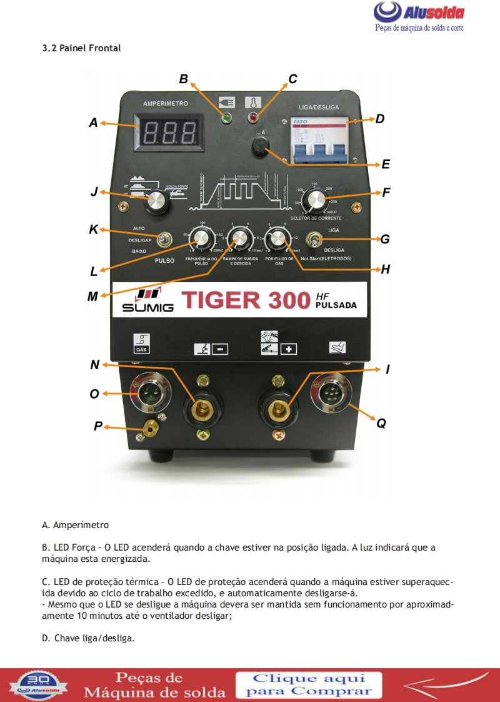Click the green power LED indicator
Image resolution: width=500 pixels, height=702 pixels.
[224, 118]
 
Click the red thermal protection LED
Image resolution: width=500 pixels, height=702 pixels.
[253, 117]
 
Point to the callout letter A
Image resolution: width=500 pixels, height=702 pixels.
[93, 123]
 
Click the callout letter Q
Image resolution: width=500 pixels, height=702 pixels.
[381, 424]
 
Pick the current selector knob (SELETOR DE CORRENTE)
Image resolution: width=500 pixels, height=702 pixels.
[313, 201]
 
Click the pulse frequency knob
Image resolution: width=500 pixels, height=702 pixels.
[202, 238]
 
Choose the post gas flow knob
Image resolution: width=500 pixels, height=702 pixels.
[276, 238]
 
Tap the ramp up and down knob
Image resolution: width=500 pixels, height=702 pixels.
[239, 238]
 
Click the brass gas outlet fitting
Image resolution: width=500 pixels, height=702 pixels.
[150, 427]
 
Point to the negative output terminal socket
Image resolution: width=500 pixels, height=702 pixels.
[201, 409]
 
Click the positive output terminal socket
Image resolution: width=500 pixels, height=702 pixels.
[277, 409]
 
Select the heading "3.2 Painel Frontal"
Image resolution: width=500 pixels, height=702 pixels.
[81, 48]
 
